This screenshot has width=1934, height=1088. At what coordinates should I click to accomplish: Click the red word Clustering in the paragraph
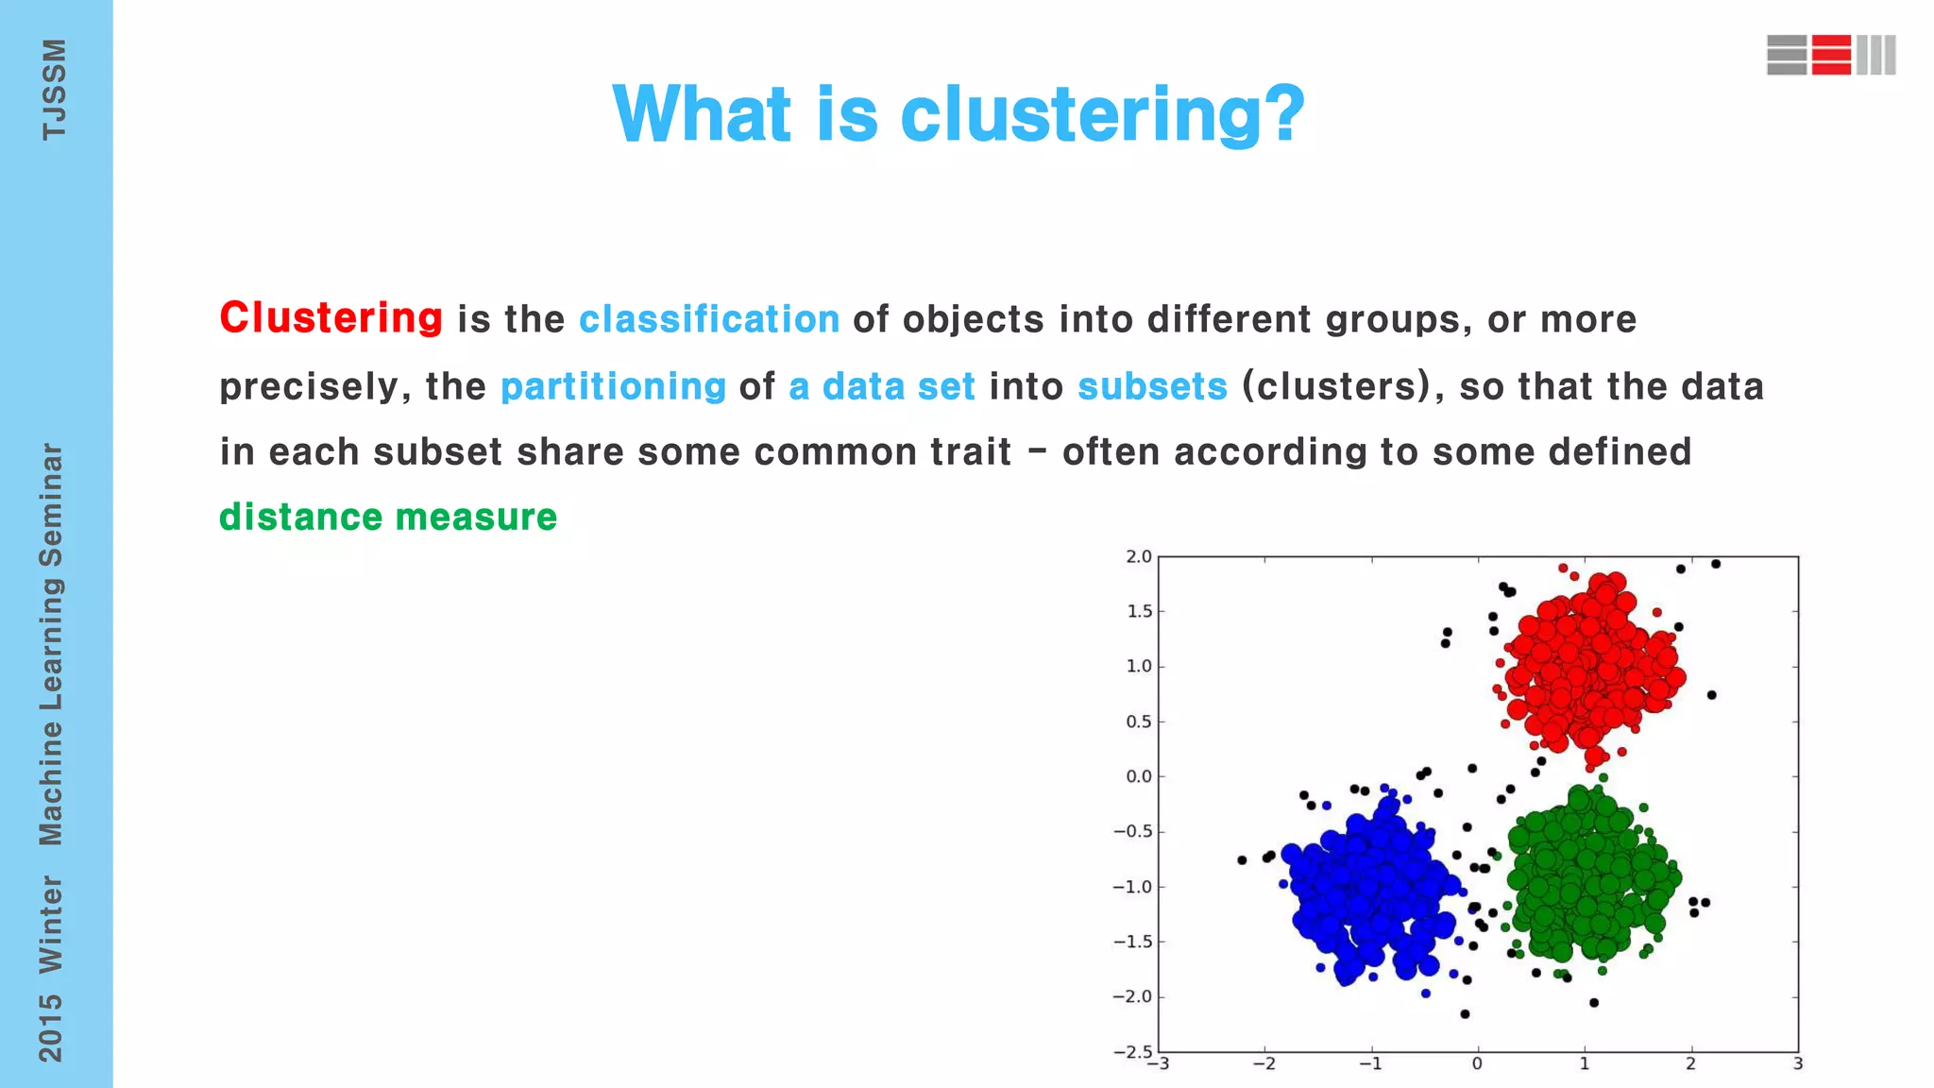click(331, 318)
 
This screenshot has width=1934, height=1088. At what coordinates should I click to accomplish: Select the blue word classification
click(709, 319)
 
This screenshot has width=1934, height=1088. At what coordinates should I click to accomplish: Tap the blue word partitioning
click(613, 386)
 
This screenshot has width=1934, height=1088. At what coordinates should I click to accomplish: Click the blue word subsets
click(1152, 386)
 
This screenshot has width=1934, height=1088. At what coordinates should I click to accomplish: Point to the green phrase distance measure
click(388, 518)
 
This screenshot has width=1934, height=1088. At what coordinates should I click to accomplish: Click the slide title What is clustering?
click(959, 114)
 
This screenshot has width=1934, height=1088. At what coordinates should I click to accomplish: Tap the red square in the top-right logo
click(1831, 55)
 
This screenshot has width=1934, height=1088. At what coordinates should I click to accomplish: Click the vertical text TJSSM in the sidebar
click(54, 90)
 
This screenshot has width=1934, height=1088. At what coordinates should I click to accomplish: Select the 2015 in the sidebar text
click(50, 1028)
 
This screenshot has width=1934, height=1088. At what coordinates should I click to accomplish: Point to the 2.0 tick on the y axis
click(1138, 557)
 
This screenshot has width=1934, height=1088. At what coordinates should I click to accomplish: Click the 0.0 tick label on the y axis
click(1138, 776)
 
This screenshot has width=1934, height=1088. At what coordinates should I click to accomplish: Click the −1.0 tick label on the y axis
click(1132, 887)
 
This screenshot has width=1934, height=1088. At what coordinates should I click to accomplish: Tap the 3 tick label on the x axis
click(1798, 1064)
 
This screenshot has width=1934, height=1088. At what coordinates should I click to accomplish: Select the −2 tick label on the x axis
click(1264, 1064)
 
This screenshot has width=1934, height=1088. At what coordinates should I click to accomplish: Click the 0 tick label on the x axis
click(1477, 1064)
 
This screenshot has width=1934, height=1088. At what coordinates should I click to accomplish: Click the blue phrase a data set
click(882, 386)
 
